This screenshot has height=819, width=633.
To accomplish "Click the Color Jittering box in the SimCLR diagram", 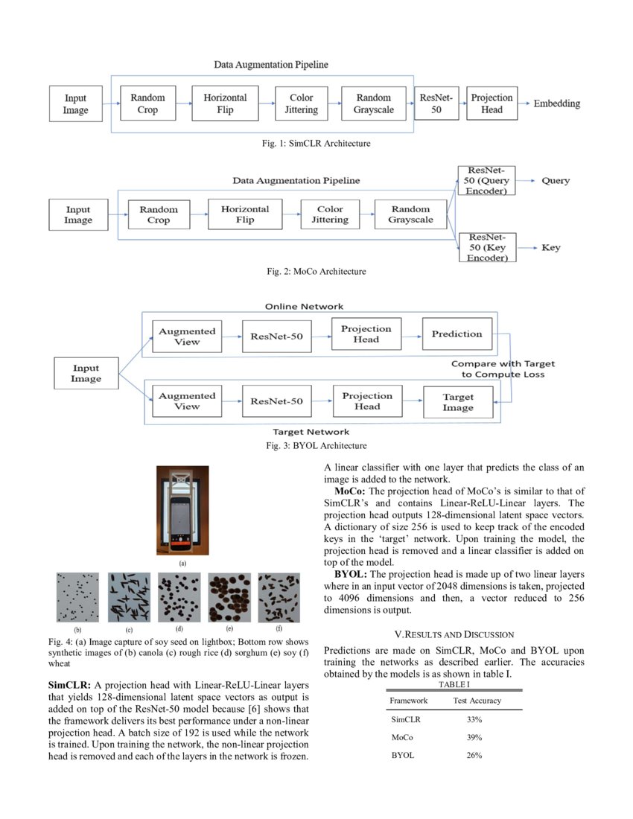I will pyautogui.click(x=301, y=103).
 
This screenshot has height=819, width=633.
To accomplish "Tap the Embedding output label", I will pyautogui.click(x=556, y=103).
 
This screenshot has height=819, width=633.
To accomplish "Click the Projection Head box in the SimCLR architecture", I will pyautogui.click(x=492, y=103).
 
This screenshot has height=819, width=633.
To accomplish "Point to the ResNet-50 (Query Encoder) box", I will pyautogui.click(x=486, y=181).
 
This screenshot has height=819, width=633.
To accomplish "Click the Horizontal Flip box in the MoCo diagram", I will pyautogui.click(x=245, y=214).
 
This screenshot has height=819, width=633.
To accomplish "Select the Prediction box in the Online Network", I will pyautogui.click(x=457, y=334).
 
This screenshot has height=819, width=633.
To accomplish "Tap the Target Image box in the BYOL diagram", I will pyautogui.click(x=457, y=402).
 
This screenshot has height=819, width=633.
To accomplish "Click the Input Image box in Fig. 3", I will pyautogui.click(x=86, y=373).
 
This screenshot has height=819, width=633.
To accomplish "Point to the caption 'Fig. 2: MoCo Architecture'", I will pyautogui.click(x=316, y=272).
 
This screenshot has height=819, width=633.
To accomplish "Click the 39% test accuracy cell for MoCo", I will pyautogui.click(x=474, y=737).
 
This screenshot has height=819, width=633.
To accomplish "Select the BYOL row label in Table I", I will pyautogui.click(x=403, y=755).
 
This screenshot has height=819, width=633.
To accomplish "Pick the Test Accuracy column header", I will pyautogui.click(x=477, y=701).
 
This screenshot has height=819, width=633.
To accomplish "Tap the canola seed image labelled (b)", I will pyautogui.click(x=77, y=597).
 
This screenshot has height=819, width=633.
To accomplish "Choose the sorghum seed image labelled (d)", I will pyautogui.click(x=179, y=597).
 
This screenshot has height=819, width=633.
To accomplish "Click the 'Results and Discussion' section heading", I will pyautogui.click(x=454, y=634).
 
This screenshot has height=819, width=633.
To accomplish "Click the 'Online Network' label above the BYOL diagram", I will pyautogui.click(x=304, y=307).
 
